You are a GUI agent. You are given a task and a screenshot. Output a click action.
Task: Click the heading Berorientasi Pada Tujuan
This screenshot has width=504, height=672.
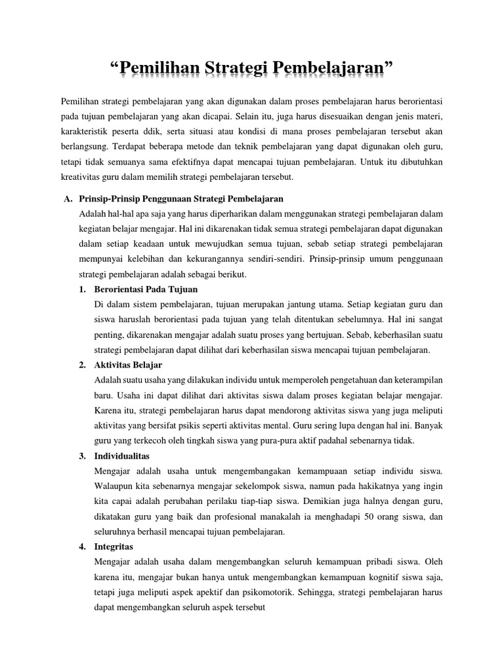146,289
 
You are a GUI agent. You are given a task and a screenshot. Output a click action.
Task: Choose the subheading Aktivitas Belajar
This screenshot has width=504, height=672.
129,365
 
